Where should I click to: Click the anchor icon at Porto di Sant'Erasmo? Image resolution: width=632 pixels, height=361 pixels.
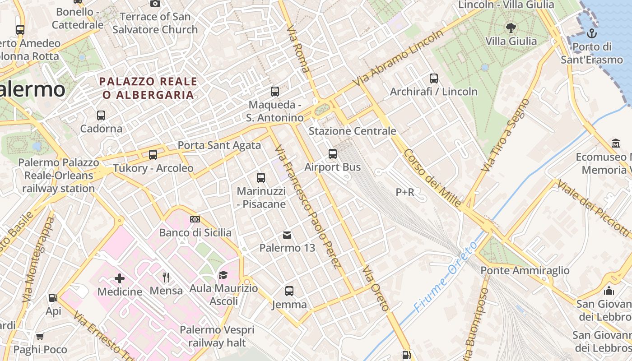pyautogui.click(x=591, y=33)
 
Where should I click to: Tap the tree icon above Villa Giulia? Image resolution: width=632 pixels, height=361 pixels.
pyautogui.click(x=511, y=28)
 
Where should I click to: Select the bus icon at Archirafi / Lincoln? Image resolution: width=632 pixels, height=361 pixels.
pyautogui.click(x=433, y=79)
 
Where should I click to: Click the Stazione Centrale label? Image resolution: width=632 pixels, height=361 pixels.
pyautogui.click(x=352, y=131)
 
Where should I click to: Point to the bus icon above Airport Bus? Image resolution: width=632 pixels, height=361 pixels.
pyautogui.click(x=333, y=154)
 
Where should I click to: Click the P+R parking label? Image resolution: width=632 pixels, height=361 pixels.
pyautogui.click(x=404, y=192)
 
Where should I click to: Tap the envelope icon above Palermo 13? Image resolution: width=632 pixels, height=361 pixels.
pyautogui.click(x=287, y=235)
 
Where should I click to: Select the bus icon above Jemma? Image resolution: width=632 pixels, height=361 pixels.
pyautogui.click(x=289, y=291)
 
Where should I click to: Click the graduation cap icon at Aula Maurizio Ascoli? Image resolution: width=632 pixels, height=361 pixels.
pyautogui.click(x=223, y=275)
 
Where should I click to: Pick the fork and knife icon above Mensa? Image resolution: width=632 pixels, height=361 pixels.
pyautogui.click(x=166, y=277)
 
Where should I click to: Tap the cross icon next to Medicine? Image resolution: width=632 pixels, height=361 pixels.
pyautogui.click(x=120, y=278)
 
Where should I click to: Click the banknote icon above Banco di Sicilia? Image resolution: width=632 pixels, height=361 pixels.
pyautogui.click(x=195, y=219)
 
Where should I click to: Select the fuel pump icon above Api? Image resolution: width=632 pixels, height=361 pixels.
pyautogui.click(x=53, y=298)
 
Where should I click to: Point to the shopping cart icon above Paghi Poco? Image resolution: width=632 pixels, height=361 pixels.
pyautogui.click(x=40, y=336)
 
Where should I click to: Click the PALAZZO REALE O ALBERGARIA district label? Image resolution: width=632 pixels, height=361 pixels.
pyautogui.click(x=148, y=88)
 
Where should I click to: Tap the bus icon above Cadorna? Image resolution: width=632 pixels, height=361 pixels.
pyautogui.click(x=101, y=116)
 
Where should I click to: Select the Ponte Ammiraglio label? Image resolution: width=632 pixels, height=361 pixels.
pyautogui.click(x=525, y=270)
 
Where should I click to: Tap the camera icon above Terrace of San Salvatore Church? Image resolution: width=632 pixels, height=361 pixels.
pyautogui.click(x=155, y=4)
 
